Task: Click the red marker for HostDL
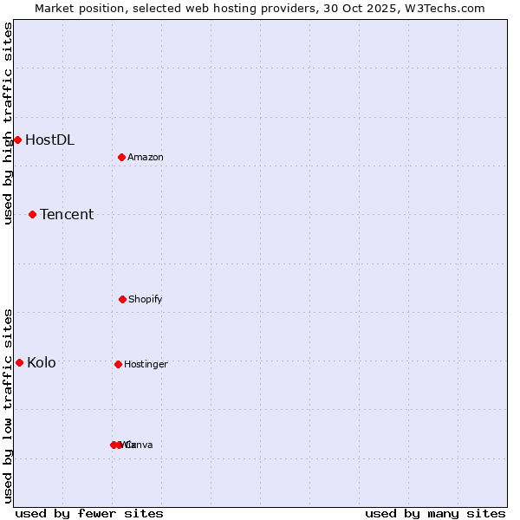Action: pyautogui.click(x=17, y=140)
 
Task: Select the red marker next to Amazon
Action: pyautogui.click(x=122, y=157)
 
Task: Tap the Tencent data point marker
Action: pyautogui.click(x=32, y=214)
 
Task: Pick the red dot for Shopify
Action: pyautogui.click(x=122, y=299)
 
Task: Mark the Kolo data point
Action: pyautogui.click(x=19, y=362)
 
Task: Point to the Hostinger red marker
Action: pyautogui.click(x=118, y=364)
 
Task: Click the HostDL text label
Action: pyautogui.click(x=49, y=140)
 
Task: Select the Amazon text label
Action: pyautogui.click(x=146, y=157)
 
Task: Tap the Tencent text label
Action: pyautogui.click(x=67, y=214)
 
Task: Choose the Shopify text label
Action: pyautogui.click(x=146, y=299)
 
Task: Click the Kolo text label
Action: pyautogui.click(x=42, y=362)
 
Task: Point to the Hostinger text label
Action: pyautogui.click(x=146, y=364)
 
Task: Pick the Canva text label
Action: pyautogui.click(x=140, y=445)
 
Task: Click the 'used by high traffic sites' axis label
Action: pyautogui.click(x=8, y=123)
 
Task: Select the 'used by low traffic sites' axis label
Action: pyautogui.click(x=8, y=406)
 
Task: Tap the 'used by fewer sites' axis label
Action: pyautogui.click(x=89, y=513)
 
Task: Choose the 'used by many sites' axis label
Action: pyautogui.click(x=435, y=513)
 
